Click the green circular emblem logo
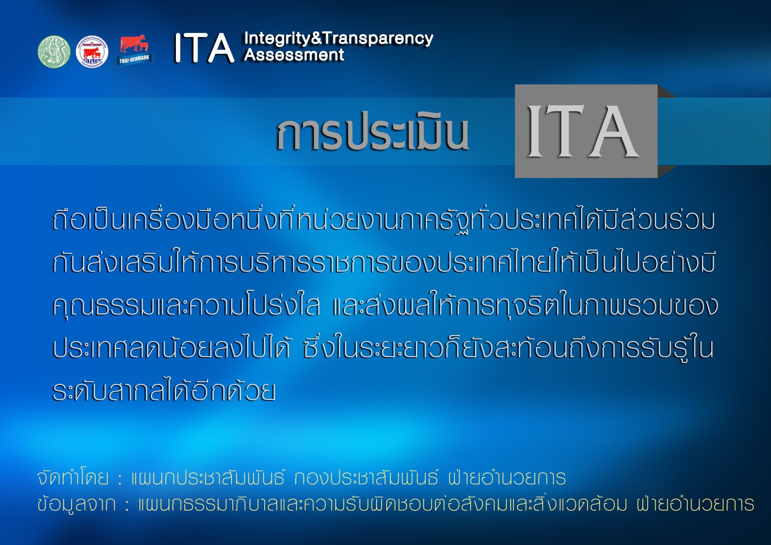tap(54, 51)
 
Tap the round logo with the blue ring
tap(92, 52)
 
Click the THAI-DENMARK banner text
tap(134, 59)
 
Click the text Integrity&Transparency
tap(339, 39)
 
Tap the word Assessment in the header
tap(294, 54)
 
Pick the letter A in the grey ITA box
tap(614, 132)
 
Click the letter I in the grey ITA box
tap(538, 132)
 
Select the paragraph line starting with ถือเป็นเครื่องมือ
tap(384, 219)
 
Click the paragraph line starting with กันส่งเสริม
tap(383, 262)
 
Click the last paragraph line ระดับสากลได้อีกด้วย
tap(164, 391)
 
